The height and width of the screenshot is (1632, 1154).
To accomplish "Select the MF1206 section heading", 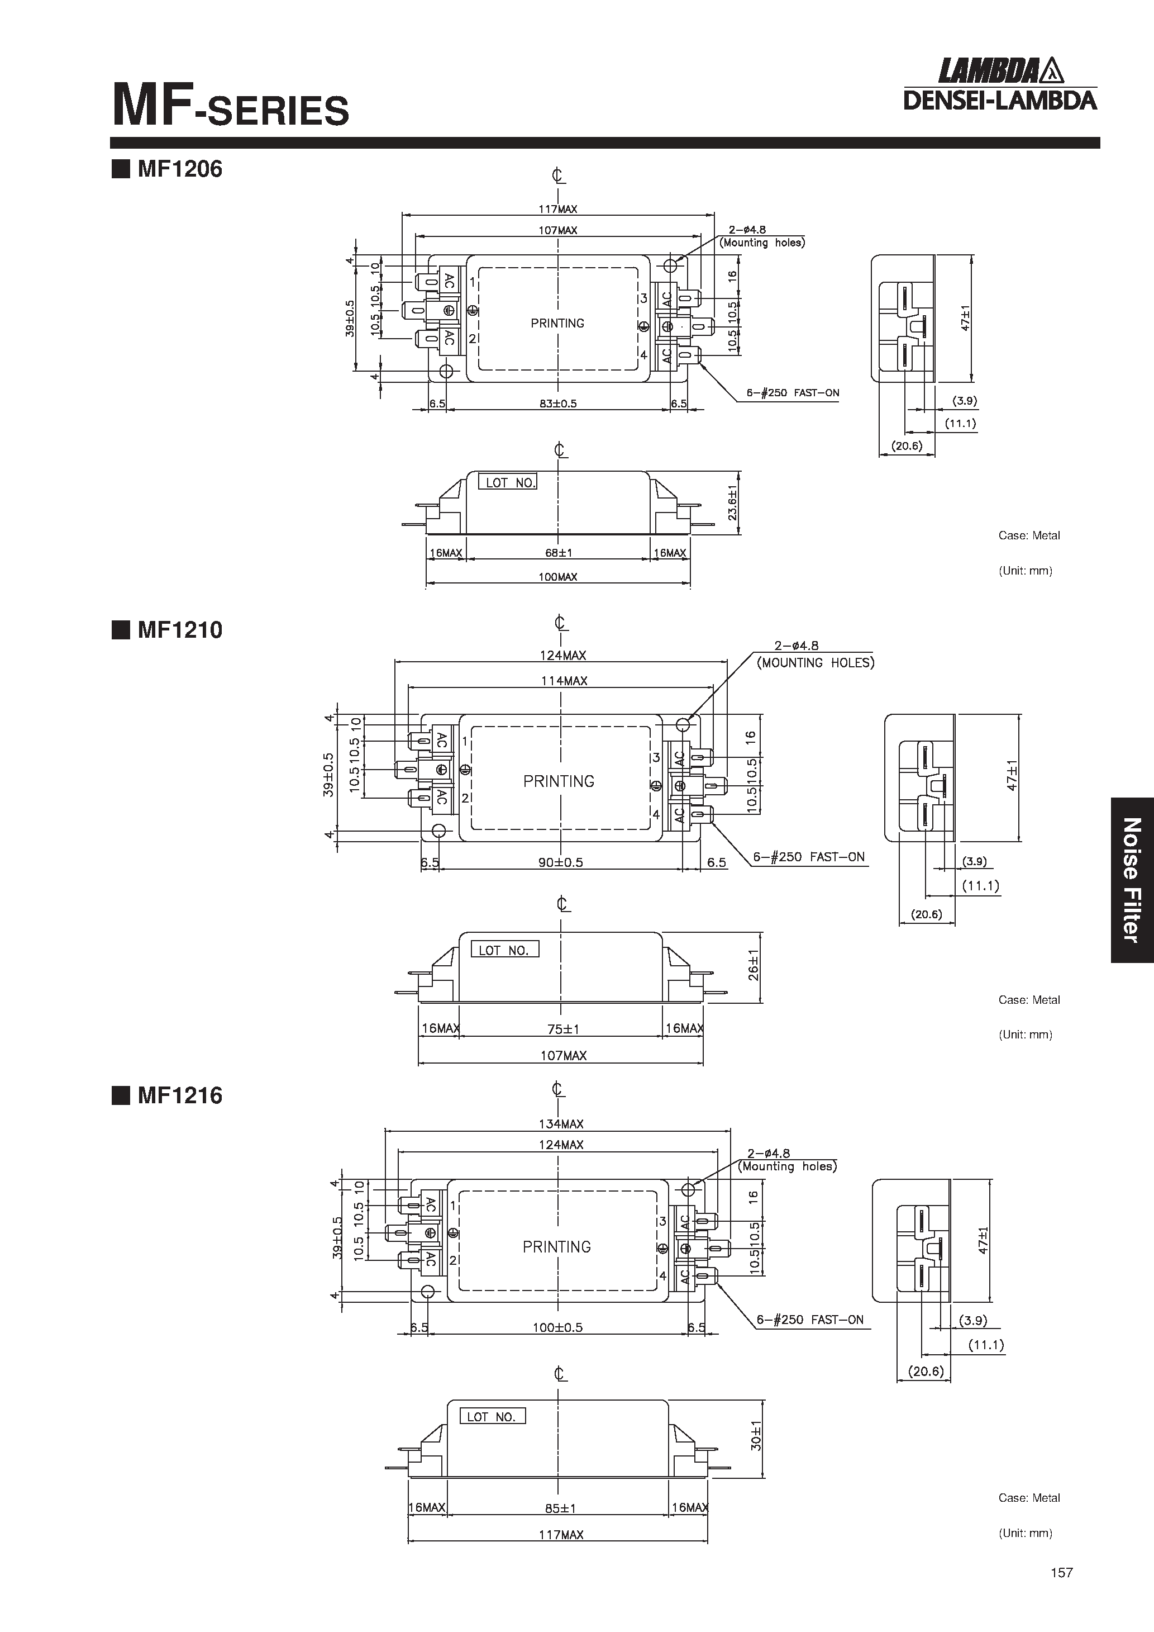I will click(179, 169).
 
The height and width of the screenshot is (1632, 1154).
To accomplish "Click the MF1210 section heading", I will click(179, 630).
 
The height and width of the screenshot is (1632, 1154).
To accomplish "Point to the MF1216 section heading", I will click(179, 1095).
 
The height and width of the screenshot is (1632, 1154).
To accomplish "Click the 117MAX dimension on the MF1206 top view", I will click(558, 209).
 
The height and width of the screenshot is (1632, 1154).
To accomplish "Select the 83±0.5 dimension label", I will click(559, 404).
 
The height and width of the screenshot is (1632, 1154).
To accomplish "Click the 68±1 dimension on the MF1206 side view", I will click(559, 552).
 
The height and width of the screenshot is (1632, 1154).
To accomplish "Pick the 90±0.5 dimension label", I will click(561, 862).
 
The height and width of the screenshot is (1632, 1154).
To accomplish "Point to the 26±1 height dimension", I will click(753, 965).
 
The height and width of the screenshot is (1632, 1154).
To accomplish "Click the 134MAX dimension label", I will click(561, 1124).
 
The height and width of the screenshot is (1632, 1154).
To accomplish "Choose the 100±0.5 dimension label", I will click(558, 1327).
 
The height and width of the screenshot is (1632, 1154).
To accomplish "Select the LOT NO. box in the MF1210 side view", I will click(504, 950).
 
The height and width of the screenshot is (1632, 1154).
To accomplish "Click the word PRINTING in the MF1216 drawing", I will click(556, 1247).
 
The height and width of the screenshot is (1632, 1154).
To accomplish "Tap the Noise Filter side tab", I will click(1131, 880).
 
